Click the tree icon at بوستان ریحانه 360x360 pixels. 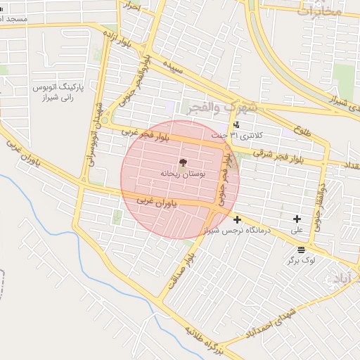coord(183,162)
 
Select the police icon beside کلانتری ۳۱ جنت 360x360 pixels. coord(236,125)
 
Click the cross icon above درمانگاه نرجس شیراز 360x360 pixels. coord(237,219)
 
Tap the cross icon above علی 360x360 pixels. coord(297,219)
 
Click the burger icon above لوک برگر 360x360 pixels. coord(301,250)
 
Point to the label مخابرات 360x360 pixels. coord(321,10)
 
